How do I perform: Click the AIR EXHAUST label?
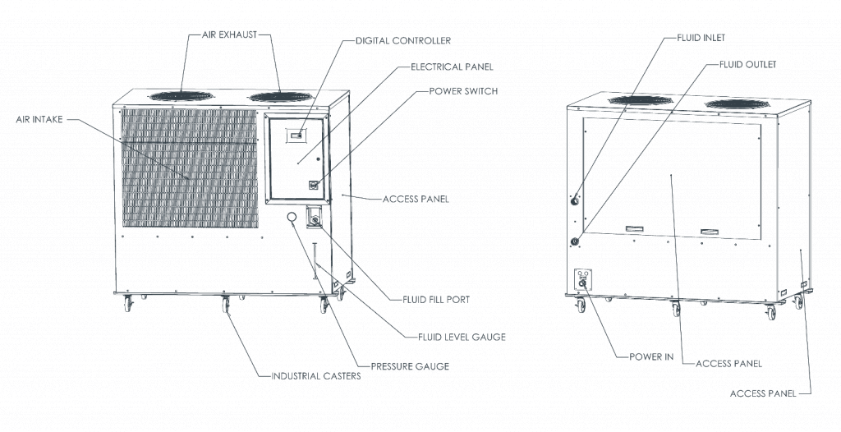(x=230, y=34)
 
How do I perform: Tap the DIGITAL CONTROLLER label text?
(x=403, y=40)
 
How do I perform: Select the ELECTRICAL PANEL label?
(x=453, y=67)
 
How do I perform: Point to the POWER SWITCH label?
(x=463, y=90)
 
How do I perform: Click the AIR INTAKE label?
(x=39, y=119)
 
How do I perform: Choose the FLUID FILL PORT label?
(x=436, y=300)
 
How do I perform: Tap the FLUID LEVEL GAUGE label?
(x=462, y=337)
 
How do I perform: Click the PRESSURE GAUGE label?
(x=411, y=366)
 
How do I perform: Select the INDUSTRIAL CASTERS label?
(x=316, y=375)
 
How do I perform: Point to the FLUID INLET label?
(x=701, y=38)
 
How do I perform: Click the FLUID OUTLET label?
(x=747, y=64)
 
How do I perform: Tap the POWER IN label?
(x=651, y=356)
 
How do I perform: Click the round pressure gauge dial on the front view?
(x=292, y=218)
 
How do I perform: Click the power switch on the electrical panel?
(x=313, y=185)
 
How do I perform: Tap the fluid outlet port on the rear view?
(x=575, y=241)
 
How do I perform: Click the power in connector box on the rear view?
(x=583, y=279)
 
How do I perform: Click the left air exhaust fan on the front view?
(x=182, y=96)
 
